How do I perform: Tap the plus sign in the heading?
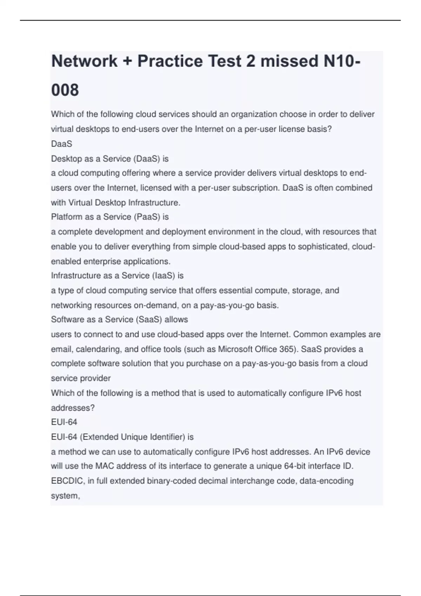pos(127,61)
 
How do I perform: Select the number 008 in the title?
pos(65,90)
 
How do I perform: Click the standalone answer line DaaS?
pos(61,144)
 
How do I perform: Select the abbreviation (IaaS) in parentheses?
pos(163,276)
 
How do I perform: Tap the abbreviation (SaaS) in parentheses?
pos(148,319)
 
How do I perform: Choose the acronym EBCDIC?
pos(67,481)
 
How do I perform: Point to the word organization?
pos(255,114)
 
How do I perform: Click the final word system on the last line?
pos(65,496)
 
